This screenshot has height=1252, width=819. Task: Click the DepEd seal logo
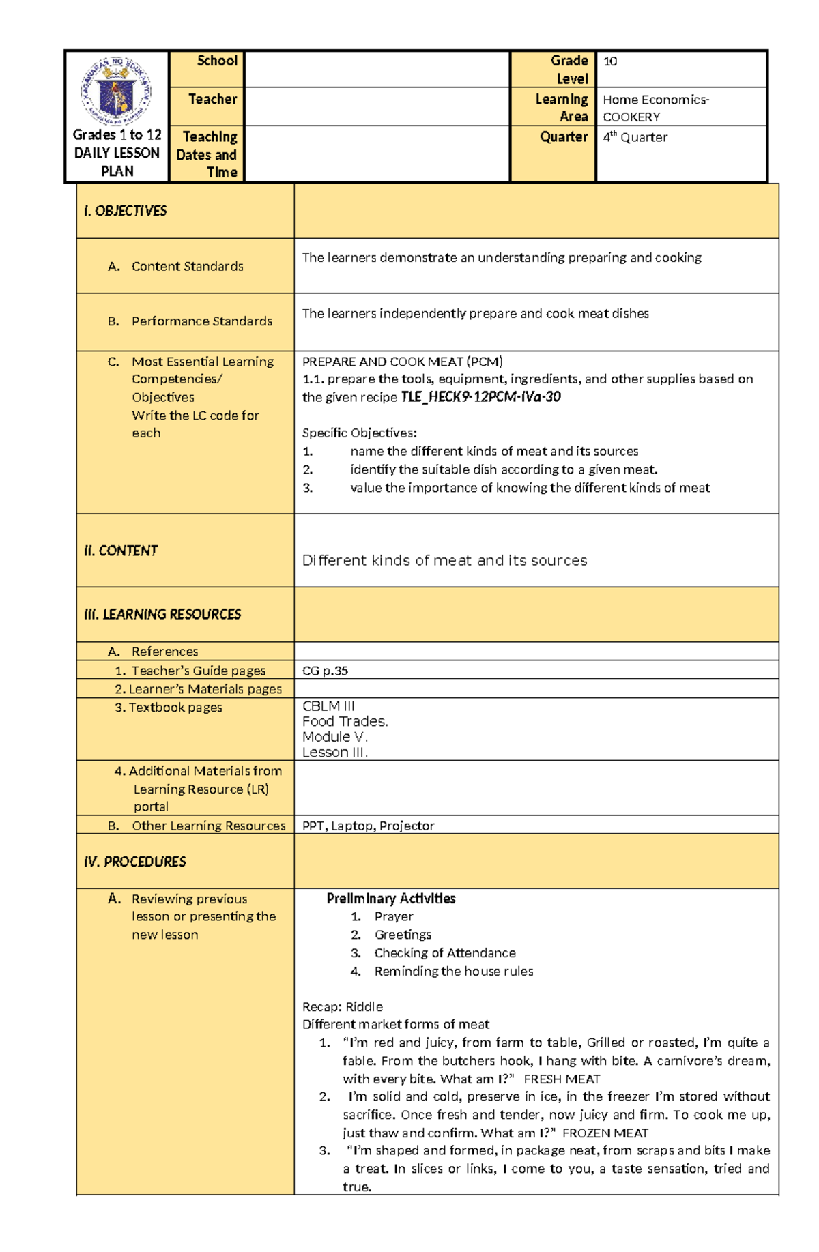point(117,91)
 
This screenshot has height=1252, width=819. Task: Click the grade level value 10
point(610,61)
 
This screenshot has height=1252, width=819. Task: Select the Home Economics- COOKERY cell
point(655,108)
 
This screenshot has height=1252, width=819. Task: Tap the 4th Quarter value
point(635,137)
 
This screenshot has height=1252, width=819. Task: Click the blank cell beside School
point(377,69)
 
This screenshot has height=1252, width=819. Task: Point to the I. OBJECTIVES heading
point(125,211)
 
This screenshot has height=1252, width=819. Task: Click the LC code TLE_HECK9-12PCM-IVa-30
point(480,397)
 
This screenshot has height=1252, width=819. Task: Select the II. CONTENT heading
point(121,551)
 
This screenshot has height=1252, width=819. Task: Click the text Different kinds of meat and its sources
point(444,560)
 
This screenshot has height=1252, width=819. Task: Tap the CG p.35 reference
point(325,671)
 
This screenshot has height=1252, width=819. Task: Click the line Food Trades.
point(345,721)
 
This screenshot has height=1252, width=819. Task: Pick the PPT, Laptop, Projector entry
point(368,826)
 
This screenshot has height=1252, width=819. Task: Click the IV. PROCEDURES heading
point(134,862)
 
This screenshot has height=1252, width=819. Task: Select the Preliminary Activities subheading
point(390,899)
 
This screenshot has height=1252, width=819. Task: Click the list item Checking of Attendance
point(444,952)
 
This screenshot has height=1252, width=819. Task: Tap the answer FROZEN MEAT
point(605,1133)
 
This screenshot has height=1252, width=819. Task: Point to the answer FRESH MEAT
point(561,1079)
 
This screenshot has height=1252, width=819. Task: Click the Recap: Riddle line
point(342,1006)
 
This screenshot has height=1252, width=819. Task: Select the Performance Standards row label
point(201,321)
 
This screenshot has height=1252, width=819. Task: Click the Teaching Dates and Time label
point(207,154)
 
